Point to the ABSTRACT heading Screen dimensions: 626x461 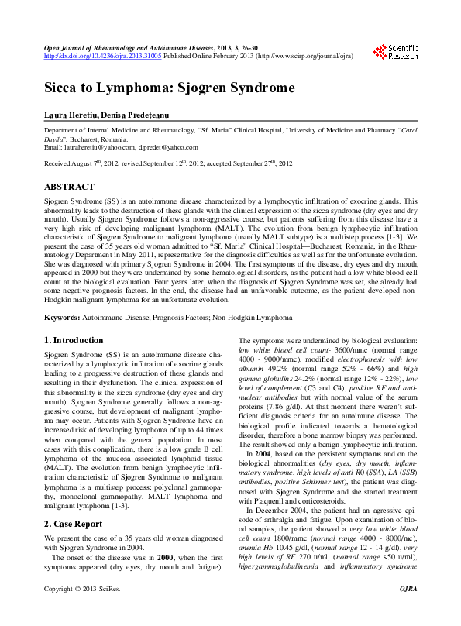[69, 187]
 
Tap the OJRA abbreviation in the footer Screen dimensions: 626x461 [407, 612]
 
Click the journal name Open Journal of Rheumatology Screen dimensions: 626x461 [93, 48]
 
